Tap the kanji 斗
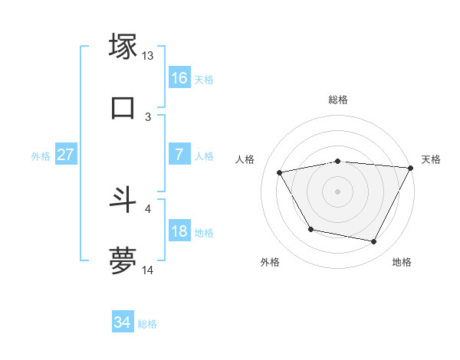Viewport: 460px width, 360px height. pyautogui.click(x=123, y=200)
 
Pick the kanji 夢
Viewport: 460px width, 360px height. pyautogui.click(x=123, y=260)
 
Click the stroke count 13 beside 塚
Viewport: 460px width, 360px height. pyautogui.click(x=148, y=56)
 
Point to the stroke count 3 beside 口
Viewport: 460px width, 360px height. pyautogui.click(x=148, y=116)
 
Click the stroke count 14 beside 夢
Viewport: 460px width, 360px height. pyautogui.click(x=148, y=270)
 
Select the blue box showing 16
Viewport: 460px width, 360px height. pyautogui.click(x=179, y=77)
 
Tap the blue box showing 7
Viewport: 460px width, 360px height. pyautogui.click(x=179, y=154)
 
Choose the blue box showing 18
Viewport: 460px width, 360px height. pyautogui.click(x=179, y=231)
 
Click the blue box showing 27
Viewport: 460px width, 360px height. pyautogui.click(x=66, y=154)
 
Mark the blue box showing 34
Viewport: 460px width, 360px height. pyautogui.click(x=123, y=322)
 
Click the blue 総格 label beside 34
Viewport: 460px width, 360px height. pyautogui.click(x=147, y=324)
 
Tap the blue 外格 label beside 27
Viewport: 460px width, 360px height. pyautogui.click(x=41, y=155)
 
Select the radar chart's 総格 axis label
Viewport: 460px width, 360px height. pyautogui.click(x=338, y=100)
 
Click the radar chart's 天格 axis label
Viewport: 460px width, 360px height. pyautogui.click(x=431, y=159)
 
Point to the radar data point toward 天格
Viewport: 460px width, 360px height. pyautogui.click(x=410, y=168)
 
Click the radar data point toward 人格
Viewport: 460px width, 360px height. pyautogui.click(x=280, y=173)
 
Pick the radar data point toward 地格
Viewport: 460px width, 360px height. pyautogui.click(x=374, y=242)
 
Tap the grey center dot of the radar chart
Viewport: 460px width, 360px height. pyautogui.click(x=337, y=191)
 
